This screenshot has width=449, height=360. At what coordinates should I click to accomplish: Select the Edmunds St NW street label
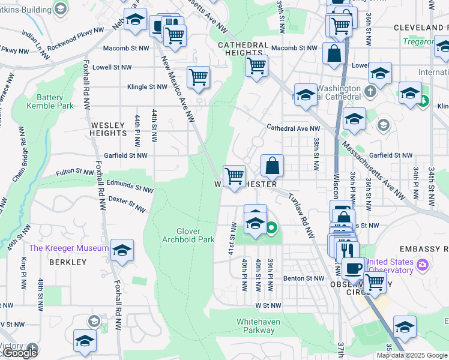coord(130,185)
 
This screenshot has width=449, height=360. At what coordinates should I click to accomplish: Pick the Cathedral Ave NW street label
coord(294,128)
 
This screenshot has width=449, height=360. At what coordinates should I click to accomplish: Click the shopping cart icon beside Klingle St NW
coord(198,77)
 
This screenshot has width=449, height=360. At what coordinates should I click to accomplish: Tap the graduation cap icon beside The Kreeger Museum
coord(122,250)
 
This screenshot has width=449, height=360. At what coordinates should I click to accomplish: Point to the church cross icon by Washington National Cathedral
coord(370,92)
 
